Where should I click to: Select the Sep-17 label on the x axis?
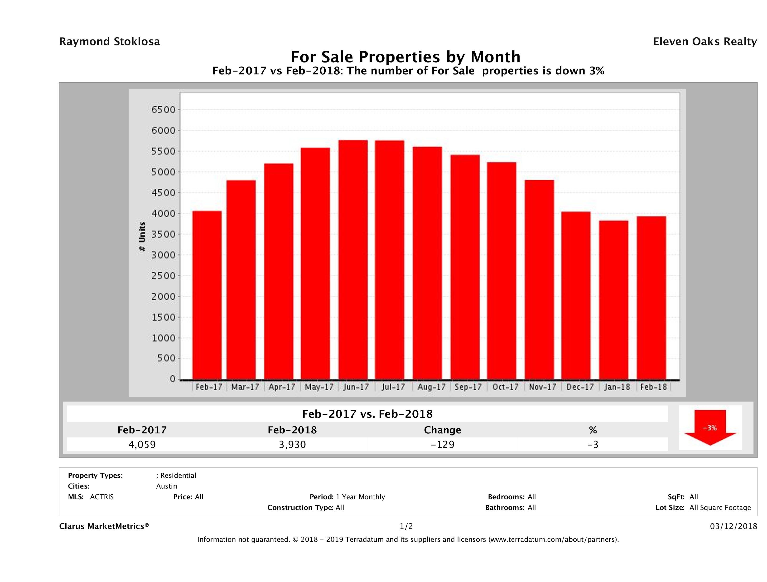coord(468,387)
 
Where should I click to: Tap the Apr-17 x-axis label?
coord(282,387)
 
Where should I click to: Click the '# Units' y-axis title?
coord(142,237)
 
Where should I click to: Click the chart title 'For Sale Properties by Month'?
coord(405,57)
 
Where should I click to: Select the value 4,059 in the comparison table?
coord(142,444)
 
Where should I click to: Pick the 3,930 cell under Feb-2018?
coord(292,444)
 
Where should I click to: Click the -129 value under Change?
coord(443,444)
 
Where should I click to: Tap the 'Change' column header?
coord(443,430)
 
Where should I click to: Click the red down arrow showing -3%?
coord(710,427)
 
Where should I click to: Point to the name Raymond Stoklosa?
coord(110,42)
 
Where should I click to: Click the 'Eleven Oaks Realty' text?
coord(704,42)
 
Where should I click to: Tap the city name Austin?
coord(166,486)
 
